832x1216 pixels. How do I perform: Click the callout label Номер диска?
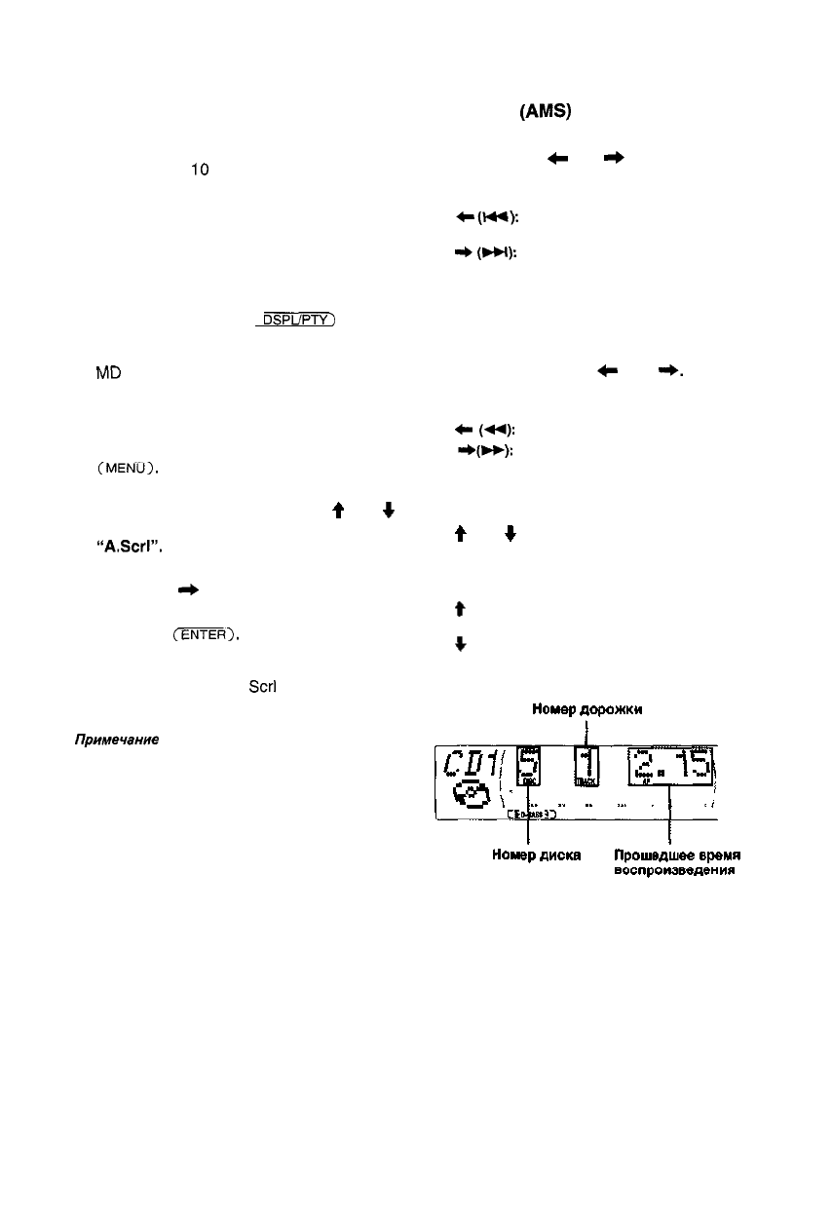point(528,856)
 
